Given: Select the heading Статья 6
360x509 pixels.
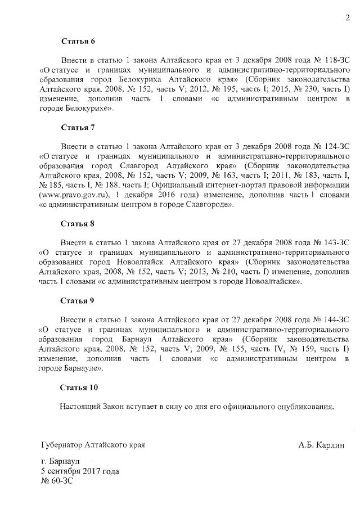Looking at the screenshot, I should coord(78,42).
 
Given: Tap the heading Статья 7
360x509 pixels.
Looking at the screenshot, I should coord(78,127).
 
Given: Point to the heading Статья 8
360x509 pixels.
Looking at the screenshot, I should coord(78,223).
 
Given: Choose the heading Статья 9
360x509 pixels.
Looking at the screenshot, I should coord(78,300).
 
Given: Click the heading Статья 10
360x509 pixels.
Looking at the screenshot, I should coord(79,387).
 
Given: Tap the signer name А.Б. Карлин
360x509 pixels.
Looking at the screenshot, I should coord(320,445).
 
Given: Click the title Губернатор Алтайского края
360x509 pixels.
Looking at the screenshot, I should coord(93,445).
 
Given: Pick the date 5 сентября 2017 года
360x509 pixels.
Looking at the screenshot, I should coord(79,471).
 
